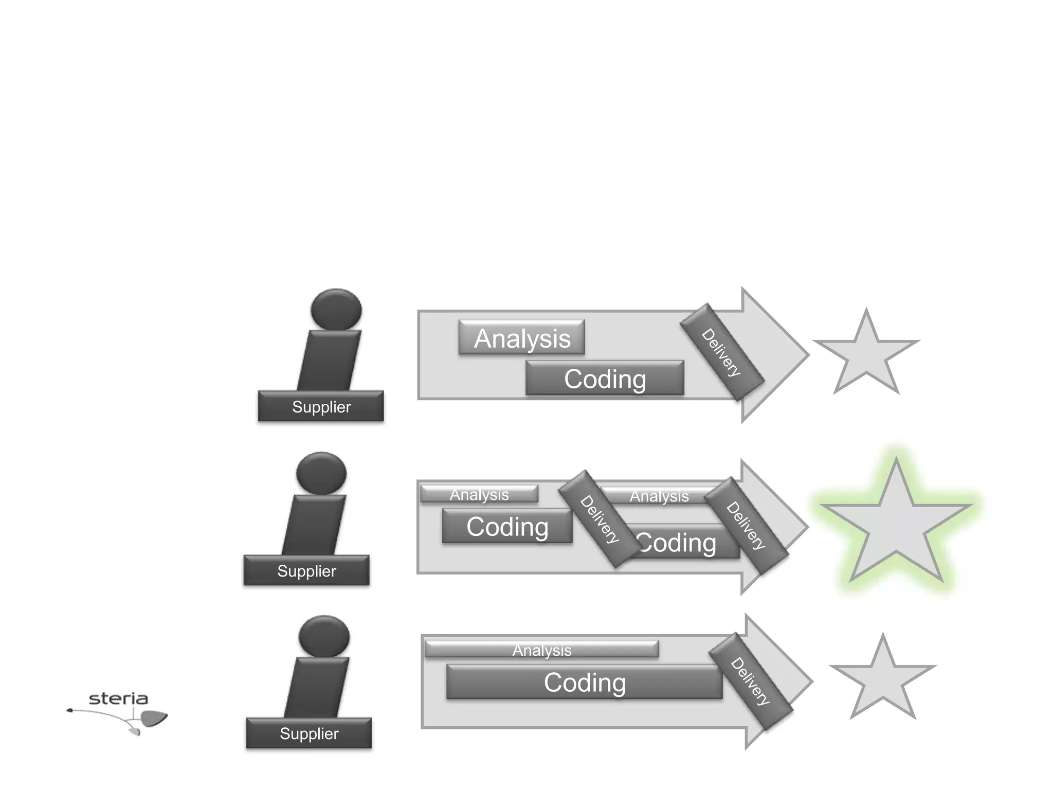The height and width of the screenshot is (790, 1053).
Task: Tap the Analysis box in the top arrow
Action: (521, 338)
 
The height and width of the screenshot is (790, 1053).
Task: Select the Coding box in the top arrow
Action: (605, 379)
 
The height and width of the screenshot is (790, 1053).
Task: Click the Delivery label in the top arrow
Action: (721, 352)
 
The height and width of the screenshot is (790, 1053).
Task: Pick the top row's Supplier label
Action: (321, 407)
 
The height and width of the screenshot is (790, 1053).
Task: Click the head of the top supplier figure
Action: (336, 310)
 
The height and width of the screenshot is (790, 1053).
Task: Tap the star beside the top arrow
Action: (866, 355)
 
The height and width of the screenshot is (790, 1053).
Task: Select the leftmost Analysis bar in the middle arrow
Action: (479, 494)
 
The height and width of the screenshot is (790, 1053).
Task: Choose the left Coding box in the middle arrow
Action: (507, 526)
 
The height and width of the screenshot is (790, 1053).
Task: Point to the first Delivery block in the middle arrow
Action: (600, 519)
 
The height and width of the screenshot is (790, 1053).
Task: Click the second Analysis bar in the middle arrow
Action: (659, 496)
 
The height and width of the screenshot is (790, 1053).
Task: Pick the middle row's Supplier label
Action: (306, 570)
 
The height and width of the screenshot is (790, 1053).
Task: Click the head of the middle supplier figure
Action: (322, 473)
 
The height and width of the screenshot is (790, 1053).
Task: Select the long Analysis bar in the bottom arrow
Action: (541, 650)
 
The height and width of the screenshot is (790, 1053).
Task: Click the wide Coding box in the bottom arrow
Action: (585, 683)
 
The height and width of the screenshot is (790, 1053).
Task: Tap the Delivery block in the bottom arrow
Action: (750, 681)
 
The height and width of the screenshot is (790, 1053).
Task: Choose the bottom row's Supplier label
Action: (308, 733)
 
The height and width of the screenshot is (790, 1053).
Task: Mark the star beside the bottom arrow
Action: (883, 679)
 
